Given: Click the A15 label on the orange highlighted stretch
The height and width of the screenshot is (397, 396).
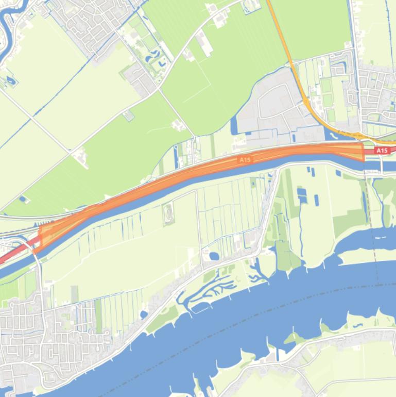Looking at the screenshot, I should click(245, 160).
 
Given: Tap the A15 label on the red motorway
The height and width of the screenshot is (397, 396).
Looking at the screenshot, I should click(382, 151).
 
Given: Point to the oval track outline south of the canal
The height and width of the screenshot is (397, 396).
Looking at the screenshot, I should click(168, 213).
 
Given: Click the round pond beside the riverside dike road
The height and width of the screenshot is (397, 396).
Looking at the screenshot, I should click(214, 256).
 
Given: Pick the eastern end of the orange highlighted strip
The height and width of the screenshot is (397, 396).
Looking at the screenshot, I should click(363, 153).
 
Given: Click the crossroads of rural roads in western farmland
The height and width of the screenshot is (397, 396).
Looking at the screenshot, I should click(70, 152).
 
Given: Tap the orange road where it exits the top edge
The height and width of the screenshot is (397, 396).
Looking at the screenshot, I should click(268, 3).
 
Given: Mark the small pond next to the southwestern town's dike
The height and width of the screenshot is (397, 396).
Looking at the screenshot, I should click(144, 313).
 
